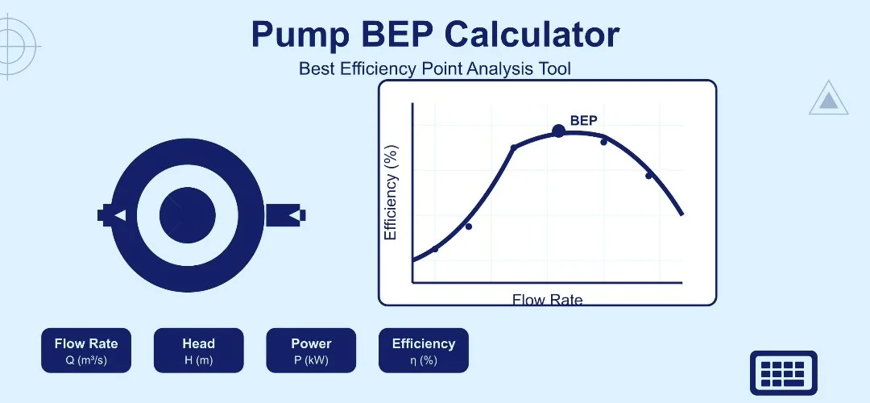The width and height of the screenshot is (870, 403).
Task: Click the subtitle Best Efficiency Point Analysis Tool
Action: [434, 69]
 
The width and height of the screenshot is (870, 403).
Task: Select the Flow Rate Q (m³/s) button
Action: [86, 351]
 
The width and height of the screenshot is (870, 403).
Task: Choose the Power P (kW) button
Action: [311, 351]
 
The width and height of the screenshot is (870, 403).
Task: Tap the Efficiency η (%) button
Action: [424, 351]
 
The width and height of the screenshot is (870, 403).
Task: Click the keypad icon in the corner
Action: [783, 373]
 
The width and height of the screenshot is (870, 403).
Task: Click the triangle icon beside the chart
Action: [828, 99]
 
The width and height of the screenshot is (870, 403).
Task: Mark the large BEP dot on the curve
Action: [558, 131]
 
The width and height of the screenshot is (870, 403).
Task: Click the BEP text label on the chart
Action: [583, 121]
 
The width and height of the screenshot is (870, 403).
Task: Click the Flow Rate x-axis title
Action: [547, 300]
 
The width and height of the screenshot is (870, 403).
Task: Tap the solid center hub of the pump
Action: [187, 216]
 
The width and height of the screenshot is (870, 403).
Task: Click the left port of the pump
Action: [111, 215]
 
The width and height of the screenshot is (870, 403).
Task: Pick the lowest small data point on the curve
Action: [435, 249]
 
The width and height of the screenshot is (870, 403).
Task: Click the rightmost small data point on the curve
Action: [648, 176]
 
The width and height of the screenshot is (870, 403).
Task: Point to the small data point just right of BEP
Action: [603, 142]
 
